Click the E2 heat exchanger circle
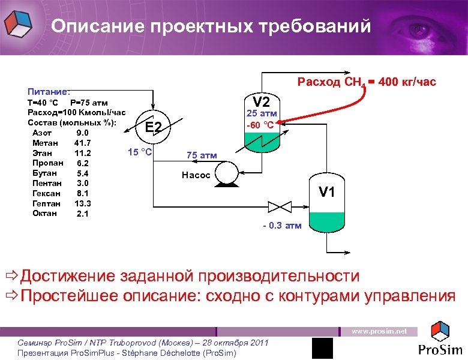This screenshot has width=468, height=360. point(154,127)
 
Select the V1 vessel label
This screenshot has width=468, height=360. point(327,192)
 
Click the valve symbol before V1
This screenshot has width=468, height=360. point(278,207)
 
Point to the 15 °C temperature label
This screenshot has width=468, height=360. point(140,151)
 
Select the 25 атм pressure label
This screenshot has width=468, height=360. point(262,113)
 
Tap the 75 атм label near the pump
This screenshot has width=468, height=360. point(202,155)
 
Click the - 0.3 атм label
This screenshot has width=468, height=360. point(283,226)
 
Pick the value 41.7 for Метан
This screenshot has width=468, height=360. point(83,143)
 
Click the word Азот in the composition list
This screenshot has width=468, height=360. point(43,133)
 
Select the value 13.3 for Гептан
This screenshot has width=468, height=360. point(83,203)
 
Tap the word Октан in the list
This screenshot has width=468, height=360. point(44,213)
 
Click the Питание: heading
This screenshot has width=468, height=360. point(49,92)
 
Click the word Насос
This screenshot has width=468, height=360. point(196,175)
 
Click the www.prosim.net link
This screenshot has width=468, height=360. point(379,331)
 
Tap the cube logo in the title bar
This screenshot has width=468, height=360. point(19,25)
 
